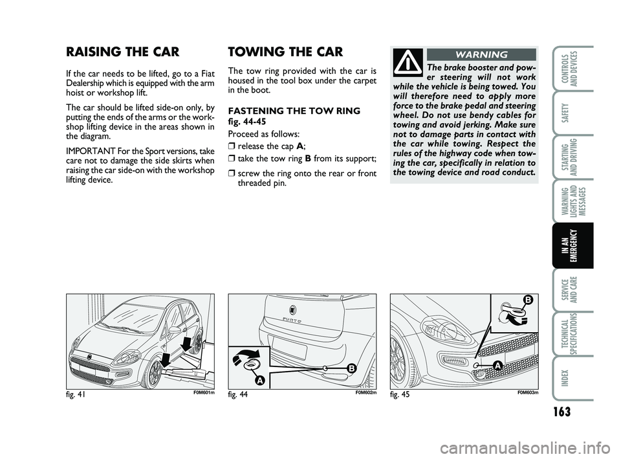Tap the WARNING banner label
click(x=481, y=54)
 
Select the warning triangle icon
click(x=408, y=62)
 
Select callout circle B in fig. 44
click(x=351, y=368)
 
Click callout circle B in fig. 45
click(x=527, y=299)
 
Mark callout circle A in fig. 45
click(x=498, y=366)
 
